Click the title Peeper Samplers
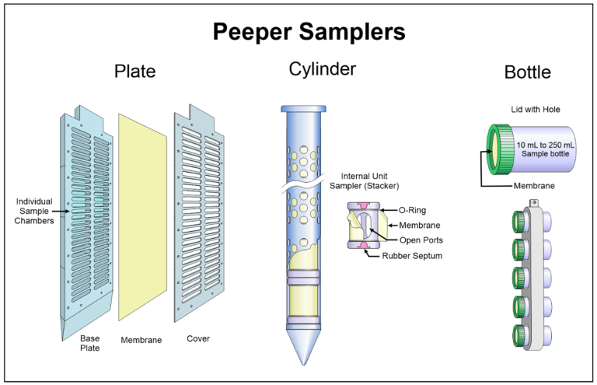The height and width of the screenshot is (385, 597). pos(298,33)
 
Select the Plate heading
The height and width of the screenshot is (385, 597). pos(134,72)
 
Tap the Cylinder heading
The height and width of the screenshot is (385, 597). pos(322,69)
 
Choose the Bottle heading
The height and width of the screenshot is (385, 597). pos(527,73)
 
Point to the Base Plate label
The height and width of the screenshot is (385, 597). pos(90,344)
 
